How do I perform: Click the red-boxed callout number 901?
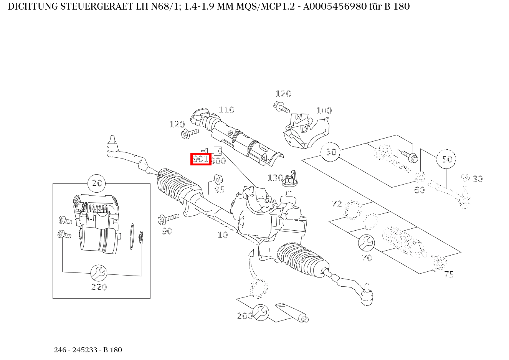tap(201, 159)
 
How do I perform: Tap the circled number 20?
tap(98, 183)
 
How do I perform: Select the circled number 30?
tap(331, 152)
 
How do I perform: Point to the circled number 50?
tap(446, 159)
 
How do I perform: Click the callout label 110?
tap(226, 110)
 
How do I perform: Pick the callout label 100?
tap(324, 111)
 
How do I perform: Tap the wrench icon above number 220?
tap(99, 273)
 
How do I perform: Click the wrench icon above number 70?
tap(366, 243)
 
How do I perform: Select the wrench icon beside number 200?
tap(261, 313)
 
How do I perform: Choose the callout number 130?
tap(275, 178)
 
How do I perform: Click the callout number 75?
tap(448, 275)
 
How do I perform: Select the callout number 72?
tap(337, 204)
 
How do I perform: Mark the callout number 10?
tap(223, 235)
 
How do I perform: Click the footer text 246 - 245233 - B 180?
tap(88, 350)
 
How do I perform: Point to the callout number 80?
tap(477, 179)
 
